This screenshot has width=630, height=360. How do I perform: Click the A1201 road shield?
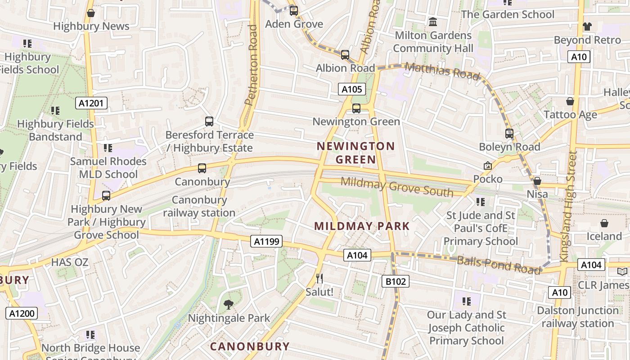tap(91, 103)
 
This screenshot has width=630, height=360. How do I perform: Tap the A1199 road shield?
tap(267, 242)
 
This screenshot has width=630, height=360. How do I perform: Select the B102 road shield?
tap(396, 282)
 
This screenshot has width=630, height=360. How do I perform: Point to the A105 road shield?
tap(351, 89)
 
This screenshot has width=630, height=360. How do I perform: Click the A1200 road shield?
tap(21, 313)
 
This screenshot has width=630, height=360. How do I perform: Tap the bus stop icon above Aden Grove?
tap(294, 10)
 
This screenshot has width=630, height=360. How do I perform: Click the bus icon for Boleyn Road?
tap(509, 134)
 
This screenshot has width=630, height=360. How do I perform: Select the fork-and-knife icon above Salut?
tap(319, 279)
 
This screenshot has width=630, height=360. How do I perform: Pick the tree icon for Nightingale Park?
tap(229, 305)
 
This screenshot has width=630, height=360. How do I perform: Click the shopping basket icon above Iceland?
tap(604, 223)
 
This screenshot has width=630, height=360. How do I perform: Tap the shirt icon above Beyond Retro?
tap(587, 27)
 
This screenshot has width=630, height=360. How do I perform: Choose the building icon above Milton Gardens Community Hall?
tap(433, 22)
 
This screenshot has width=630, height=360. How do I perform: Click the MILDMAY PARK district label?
tap(362, 226)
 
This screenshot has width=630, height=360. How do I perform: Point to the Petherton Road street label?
tap(252, 65)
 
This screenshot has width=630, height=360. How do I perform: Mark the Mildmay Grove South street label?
tap(397, 187)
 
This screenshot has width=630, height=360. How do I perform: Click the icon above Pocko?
tap(487, 166)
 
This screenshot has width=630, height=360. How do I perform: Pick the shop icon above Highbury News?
tap(91, 13)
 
